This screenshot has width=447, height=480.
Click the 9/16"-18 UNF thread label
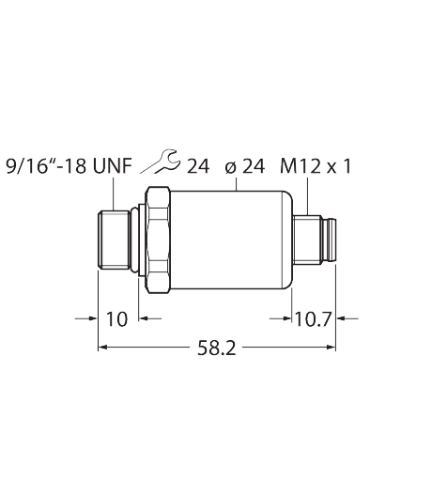coord(69,166)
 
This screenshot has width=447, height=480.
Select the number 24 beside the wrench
coord(198,166)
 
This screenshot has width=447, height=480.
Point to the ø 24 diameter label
coord(245,166)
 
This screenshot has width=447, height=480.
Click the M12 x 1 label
coord(316,166)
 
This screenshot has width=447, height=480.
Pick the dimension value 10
coord(117,319)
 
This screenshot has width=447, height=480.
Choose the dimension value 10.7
coord(313,319)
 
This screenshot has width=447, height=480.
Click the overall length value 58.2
coord(217,348)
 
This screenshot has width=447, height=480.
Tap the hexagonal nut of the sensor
coord(158,240)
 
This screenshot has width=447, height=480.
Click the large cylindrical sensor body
coord(231,240)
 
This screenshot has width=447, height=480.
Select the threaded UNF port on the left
coord(114,240)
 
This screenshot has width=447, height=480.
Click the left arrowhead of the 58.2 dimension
coord(103,347)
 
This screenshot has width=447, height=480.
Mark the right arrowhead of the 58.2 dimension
coord(331,347)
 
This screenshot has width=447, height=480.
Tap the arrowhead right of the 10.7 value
coord(341,318)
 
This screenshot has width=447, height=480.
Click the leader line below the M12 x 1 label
coord(308,196)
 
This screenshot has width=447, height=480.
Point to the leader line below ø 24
coord(237,184)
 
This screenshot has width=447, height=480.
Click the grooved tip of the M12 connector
coord(330,240)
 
